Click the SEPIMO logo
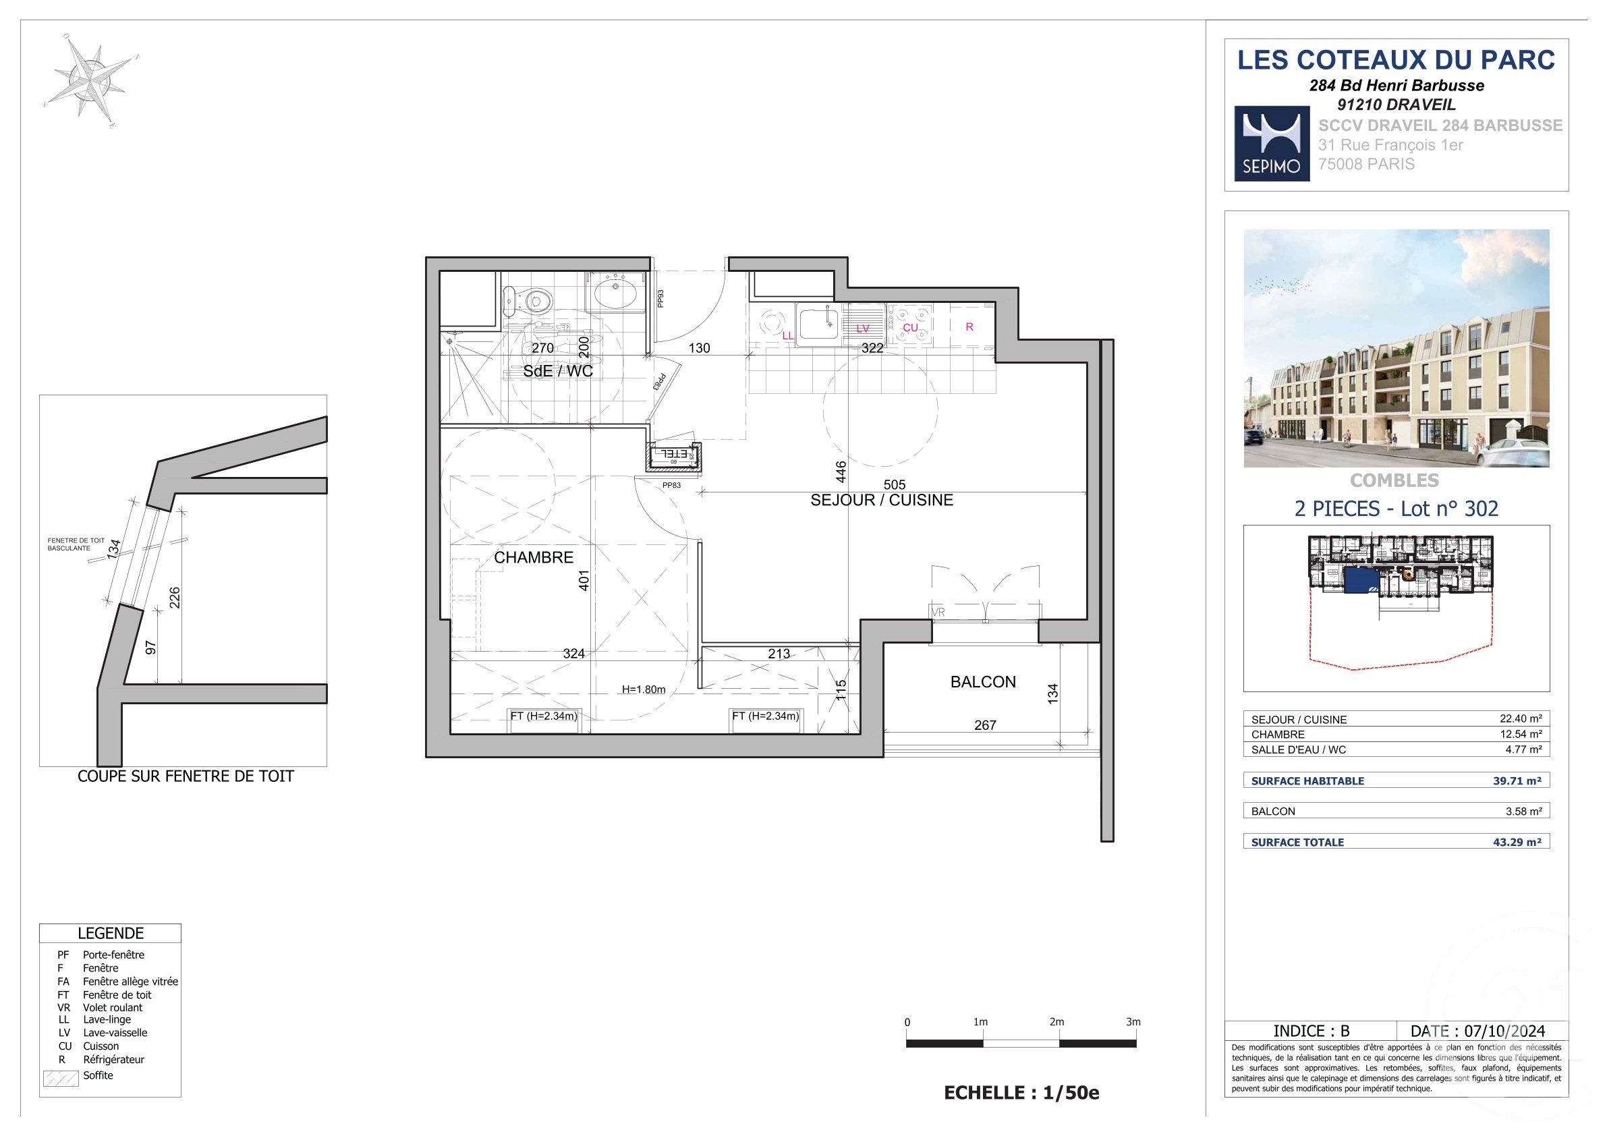point(1271,144)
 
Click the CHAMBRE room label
point(534,557)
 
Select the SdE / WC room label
point(558,371)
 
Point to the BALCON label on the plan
point(983,682)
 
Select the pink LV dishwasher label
point(862,329)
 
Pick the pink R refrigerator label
point(969,327)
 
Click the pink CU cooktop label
point(910,328)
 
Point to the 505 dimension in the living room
point(895,484)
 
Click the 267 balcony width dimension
point(985,725)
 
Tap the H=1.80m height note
point(643,689)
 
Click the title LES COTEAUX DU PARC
point(1396,60)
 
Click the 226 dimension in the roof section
point(175,597)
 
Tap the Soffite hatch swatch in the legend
point(61,1079)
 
